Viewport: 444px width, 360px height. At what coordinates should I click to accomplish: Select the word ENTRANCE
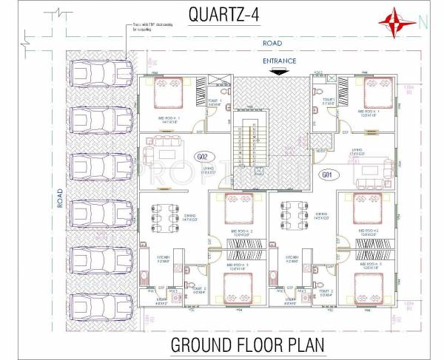pyautogui.click(x=279, y=61)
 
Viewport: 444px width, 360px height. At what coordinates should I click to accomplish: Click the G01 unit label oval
pyautogui.click(x=326, y=174)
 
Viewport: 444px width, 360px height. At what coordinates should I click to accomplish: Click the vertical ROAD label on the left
pyautogui.click(x=60, y=196)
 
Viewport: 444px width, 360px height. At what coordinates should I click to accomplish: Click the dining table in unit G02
pyautogui.click(x=166, y=215)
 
